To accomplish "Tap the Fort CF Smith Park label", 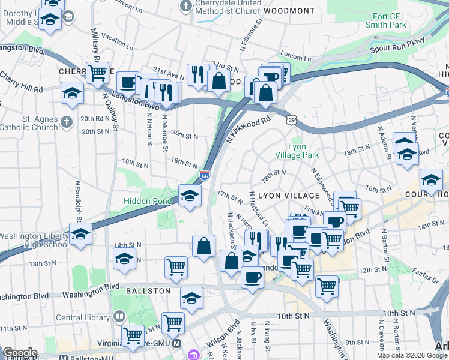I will pyautogui.click(x=386, y=20).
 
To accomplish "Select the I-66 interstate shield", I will pyautogui.click(x=205, y=176).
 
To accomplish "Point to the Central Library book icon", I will pyautogui.click(x=119, y=317).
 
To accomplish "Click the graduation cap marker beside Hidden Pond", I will pyautogui.click(x=190, y=196).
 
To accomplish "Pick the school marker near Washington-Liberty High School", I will pyautogui.click(x=80, y=235).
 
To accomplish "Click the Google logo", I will pyautogui.click(x=20, y=353).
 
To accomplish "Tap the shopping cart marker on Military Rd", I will pyautogui.click(x=97, y=73).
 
